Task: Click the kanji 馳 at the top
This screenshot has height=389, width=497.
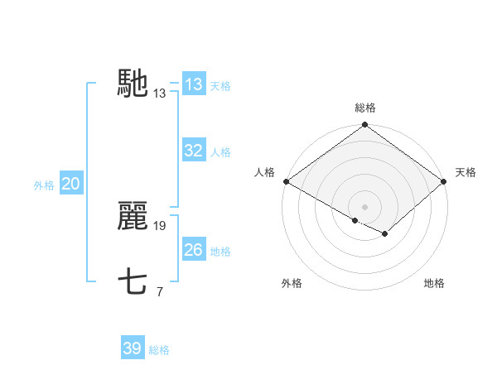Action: pyautogui.click(x=133, y=84)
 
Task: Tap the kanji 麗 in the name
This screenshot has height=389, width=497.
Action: pyautogui.click(x=133, y=216)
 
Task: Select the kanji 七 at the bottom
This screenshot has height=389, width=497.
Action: pyautogui.click(x=133, y=282)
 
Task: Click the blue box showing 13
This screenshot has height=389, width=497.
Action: pyautogui.click(x=194, y=84)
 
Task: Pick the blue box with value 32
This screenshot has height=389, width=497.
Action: pyautogui.click(x=194, y=151)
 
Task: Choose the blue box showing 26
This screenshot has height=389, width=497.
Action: pyautogui.click(x=194, y=250)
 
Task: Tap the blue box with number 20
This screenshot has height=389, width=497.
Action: pyautogui.click(x=70, y=185)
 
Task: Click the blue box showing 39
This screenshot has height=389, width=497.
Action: pyautogui.click(x=133, y=348)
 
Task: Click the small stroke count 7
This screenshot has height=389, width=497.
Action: pyautogui.click(x=159, y=292)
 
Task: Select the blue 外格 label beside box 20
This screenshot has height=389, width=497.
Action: pyautogui.click(x=44, y=185)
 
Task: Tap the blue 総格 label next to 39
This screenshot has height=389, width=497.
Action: pyautogui.click(x=159, y=350)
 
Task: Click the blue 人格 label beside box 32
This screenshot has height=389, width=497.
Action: pyautogui.click(x=220, y=152)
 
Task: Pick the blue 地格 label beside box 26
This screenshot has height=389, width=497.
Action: pyautogui.click(x=220, y=252)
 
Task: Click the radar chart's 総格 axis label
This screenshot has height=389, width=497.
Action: pyautogui.click(x=365, y=108)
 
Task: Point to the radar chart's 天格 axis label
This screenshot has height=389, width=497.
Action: pyautogui.click(x=466, y=172)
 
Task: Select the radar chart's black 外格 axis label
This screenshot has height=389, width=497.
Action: pyautogui.click(x=292, y=284)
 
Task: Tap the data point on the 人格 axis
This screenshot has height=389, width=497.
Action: pyautogui.click(x=286, y=181)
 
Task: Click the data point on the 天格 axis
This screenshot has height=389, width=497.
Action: pyautogui.click(x=445, y=181)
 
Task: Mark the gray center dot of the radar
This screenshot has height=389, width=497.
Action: pyautogui.click(x=365, y=207)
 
